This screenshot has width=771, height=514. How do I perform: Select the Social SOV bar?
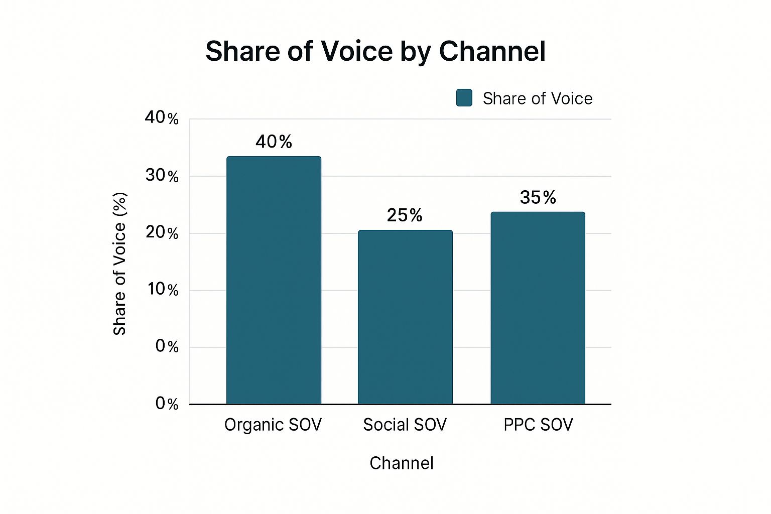[405, 317]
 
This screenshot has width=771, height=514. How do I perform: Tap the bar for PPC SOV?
[538, 308]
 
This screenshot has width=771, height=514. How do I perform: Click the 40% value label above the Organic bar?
[274, 142]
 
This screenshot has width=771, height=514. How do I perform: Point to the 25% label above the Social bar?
[405, 215]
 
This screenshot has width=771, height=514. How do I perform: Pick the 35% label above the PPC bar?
[538, 198]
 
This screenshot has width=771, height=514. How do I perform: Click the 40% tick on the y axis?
[162, 118]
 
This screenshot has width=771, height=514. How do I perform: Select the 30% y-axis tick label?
[162, 176]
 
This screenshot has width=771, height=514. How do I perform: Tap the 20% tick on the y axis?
[162, 233]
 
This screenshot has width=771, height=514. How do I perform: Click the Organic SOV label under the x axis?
[273, 425]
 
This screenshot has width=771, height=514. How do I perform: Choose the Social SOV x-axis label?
[405, 425]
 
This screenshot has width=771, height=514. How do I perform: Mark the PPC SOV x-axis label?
[538, 425]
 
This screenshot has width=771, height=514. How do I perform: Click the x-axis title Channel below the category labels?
[402, 463]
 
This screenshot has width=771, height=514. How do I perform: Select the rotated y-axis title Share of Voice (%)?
[119, 264]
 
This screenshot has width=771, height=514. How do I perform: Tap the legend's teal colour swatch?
[464, 98]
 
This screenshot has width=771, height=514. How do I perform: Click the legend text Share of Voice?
[538, 98]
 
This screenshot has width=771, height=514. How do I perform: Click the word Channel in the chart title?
[492, 51]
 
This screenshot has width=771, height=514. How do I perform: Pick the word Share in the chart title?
[242, 51]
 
